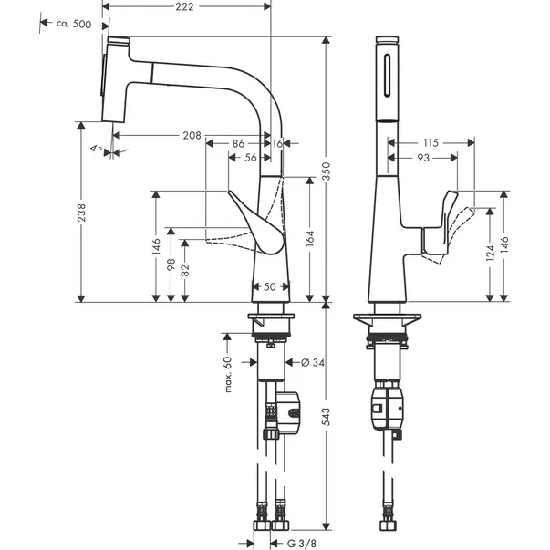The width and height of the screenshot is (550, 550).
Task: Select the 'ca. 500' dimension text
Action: pyautogui.click(x=72, y=24)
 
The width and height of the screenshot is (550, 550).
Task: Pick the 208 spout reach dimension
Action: pyautogui.click(x=191, y=135)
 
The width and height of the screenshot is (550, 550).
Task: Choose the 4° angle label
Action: pyautogui.click(x=95, y=146)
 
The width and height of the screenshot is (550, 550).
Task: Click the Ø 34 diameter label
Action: pyautogui.click(x=313, y=362)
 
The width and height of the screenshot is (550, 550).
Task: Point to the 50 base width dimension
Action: pyautogui.click(x=270, y=287)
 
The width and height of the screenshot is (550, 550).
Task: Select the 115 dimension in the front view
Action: pyautogui.click(x=431, y=141)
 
